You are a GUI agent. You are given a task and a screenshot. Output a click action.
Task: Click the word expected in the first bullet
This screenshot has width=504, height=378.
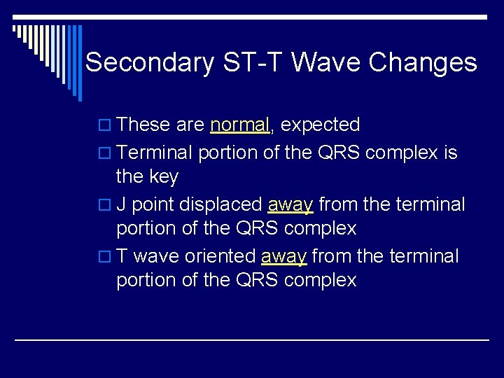coord(321,125)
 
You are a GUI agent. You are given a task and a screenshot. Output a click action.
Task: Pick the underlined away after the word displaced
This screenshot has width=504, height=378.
coord(290,204)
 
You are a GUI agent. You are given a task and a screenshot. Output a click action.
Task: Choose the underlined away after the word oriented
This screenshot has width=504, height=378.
coord(284,256)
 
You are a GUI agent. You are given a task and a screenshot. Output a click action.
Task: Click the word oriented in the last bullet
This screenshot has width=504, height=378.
coord(220,256)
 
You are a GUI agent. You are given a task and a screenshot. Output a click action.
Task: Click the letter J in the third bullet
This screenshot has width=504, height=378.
coord(121,204)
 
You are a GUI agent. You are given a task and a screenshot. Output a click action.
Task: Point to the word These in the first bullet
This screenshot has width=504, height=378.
coord(143,125)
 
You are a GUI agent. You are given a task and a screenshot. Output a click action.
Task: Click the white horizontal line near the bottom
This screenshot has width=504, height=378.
coord(252,339)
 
